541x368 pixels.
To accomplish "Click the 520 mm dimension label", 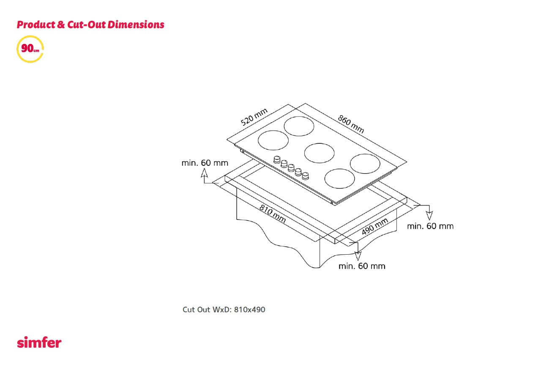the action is click(x=254, y=117).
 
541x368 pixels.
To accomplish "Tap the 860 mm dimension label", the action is click(x=351, y=124).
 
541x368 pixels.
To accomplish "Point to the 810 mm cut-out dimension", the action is click(x=273, y=214).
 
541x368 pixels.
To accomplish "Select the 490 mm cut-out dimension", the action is click(x=375, y=226).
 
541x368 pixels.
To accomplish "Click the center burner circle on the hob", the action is click(x=319, y=153).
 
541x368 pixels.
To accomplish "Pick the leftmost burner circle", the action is click(x=273, y=140).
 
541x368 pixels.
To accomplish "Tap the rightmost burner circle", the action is click(x=365, y=164).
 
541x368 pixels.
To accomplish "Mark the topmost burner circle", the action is click(x=299, y=126).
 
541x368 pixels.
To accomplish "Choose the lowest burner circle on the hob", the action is click(x=339, y=179).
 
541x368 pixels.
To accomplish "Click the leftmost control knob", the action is click(x=277, y=160).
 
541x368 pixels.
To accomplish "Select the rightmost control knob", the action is click(x=306, y=176).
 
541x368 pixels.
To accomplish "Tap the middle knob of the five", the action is click(x=291, y=168).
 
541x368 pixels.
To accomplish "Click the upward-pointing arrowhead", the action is click(x=204, y=173).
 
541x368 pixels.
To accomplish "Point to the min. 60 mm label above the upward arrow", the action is click(x=205, y=163).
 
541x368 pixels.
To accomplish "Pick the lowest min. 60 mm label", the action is click(x=362, y=266).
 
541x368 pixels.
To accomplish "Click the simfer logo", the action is click(x=39, y=342).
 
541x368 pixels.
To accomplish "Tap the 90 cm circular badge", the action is click(x=30, y=49).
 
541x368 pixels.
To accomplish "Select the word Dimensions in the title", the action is click(x=136, y=25).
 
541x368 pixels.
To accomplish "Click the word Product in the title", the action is click(x=36, y=25).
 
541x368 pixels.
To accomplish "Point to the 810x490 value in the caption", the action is click(x=249, y=310).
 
